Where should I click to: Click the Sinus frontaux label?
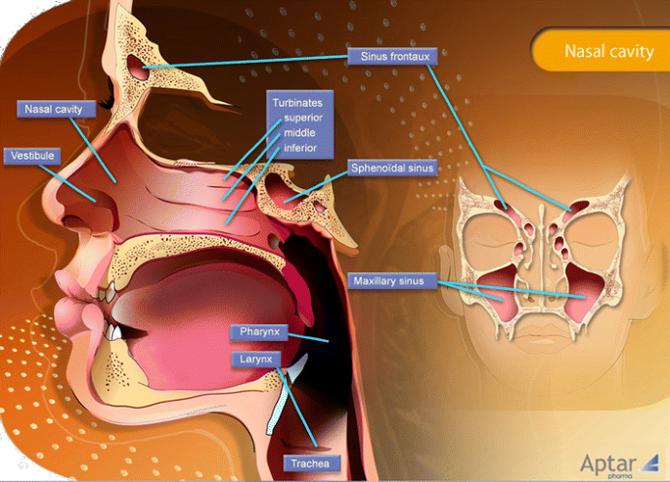(x=392, y=57)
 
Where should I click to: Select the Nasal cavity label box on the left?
(x=55, y=108)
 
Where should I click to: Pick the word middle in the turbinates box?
(x=298, y=132)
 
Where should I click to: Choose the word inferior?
(x=300, y=148)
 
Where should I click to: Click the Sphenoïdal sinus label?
(x=391, y=169)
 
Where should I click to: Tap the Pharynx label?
(x=260, y=332)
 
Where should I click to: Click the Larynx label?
(x=249, y=360)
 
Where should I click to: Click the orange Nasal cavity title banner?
(x=606, y=51)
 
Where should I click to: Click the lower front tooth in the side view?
(x=114, y=332)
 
